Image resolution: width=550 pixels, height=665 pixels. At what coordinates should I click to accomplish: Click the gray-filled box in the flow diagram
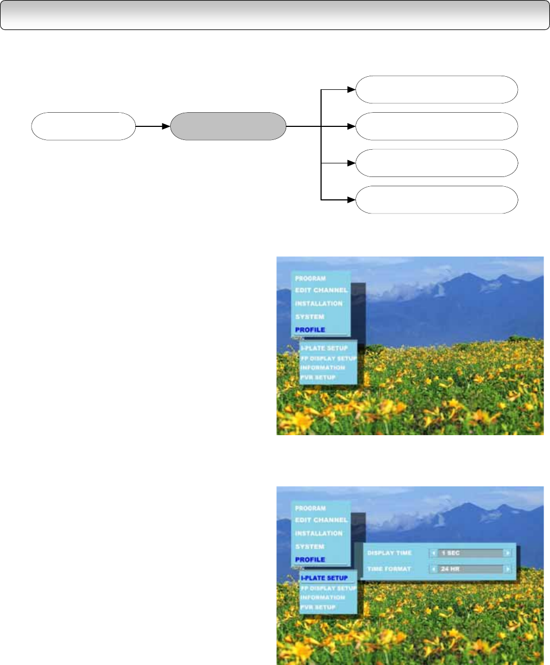[x=228, y=126]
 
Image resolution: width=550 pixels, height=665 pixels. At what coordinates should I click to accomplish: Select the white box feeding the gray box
[x=83, y=126]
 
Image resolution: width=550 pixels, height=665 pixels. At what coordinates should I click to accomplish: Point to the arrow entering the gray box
[x=153, y=126]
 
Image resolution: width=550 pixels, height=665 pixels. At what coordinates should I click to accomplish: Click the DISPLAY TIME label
[x=389, y=553]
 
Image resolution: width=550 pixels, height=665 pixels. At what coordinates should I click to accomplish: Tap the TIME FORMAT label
[x=389, y=569]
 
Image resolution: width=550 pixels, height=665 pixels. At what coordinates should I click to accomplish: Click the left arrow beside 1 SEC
[x=434, y=553]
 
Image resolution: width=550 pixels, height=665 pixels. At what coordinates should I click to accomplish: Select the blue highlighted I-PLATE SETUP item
[x=324, y=578]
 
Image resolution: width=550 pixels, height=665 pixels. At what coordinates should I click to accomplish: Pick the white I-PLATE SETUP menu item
[x=324, y=348]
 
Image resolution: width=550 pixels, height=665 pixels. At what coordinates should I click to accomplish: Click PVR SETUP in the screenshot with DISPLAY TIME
[x=318, y=607]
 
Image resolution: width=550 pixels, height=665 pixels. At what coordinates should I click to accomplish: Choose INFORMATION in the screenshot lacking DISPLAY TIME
[x=323, y=368]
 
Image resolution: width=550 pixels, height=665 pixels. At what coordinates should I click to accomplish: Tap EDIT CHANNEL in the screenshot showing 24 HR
[x=321, y=520]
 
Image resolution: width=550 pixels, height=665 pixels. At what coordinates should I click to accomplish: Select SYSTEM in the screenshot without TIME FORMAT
[x=310, y=316]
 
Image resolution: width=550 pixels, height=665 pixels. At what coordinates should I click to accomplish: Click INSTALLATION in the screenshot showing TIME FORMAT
[x=319, y=533]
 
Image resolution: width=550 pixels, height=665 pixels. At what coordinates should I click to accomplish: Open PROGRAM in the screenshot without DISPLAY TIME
[x=310, y=278]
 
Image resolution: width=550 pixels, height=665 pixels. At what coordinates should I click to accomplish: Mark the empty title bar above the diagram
[x=275, y=15]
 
